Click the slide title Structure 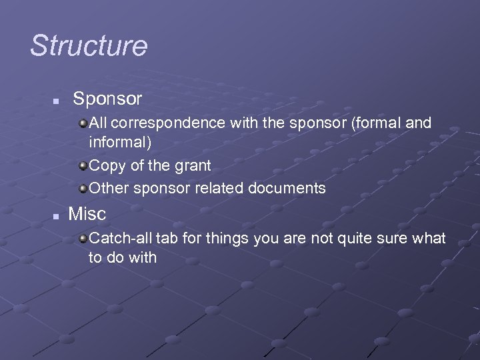point(89,46)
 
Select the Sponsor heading point(107,99)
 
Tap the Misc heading point(87,214)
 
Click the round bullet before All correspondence point(83,123)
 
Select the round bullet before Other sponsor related point(83,188)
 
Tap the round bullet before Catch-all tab point(83,238)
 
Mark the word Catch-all point(115,238)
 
